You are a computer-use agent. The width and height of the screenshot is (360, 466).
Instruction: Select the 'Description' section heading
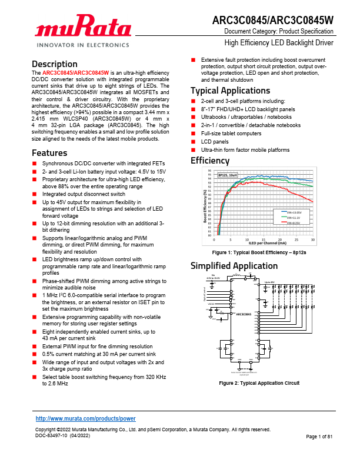(55, 64)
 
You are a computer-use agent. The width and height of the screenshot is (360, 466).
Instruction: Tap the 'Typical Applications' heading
(230, 91)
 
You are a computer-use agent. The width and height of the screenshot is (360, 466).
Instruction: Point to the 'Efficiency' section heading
(210, 161)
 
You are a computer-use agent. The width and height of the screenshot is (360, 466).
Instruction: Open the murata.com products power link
(86, 418)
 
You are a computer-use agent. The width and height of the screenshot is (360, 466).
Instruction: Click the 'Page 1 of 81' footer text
(320, 436)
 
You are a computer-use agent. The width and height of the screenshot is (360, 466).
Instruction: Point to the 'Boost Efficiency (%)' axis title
(205, 206)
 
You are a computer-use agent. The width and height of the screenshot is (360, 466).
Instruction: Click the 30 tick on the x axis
(313, 239)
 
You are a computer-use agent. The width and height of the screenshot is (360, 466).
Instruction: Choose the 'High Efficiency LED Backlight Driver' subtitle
(279, 43)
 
